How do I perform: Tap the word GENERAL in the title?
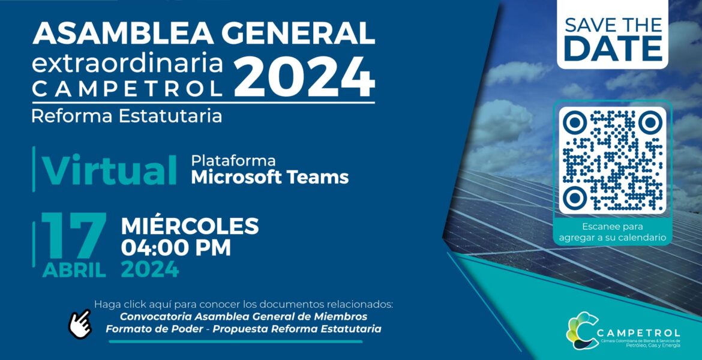(x=298, y=32)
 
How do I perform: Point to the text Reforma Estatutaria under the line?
(x=127, y=116)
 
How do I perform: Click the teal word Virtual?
(x=110, y=170)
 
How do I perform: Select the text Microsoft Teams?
(x=269, y=177)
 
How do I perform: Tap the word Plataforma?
(x=233, y=161)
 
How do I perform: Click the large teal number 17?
(x=74, y=236)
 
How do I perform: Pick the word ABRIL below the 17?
(x=74, y=270)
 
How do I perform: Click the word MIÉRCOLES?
(x=190, y=226)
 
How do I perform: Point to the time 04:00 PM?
(x=176, y=248)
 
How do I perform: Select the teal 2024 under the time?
(x=150, y=269)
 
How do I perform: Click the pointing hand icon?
(x=80, y=324)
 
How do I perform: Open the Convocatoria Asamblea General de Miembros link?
(x=244, y=317)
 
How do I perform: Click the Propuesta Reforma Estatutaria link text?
(x=297, y=329)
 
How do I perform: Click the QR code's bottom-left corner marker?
(x=575, y=197)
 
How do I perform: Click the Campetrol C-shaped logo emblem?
(x=582, y=331)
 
